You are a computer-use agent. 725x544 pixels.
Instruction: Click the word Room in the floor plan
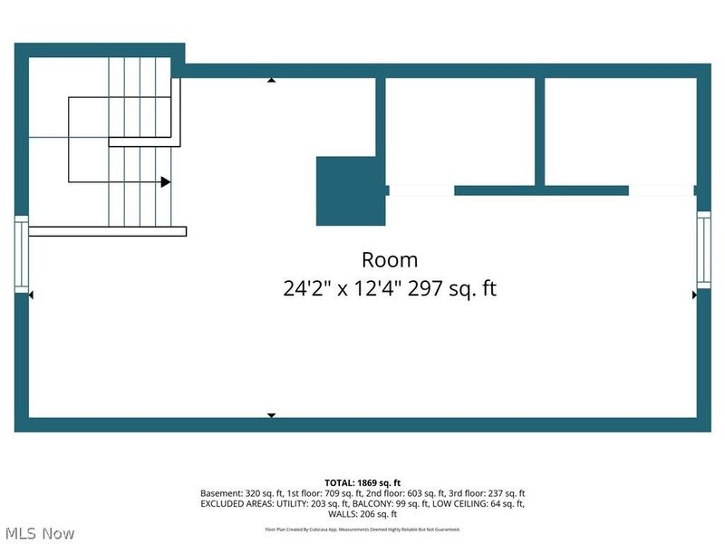[390, 260]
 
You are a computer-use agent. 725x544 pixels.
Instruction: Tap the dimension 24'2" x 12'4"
[343, 289]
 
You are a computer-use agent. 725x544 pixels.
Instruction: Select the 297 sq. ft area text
[452, 289]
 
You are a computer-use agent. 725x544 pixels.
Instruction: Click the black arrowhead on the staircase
[165, 182]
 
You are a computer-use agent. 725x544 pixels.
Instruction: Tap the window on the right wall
[703, 249]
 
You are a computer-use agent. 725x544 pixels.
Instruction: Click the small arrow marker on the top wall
[271, 81]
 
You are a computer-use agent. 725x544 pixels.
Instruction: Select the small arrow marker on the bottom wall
[271, 414]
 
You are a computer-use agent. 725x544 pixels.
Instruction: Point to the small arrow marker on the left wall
[32, 295]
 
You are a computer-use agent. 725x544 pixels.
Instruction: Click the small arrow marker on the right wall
[694, 295]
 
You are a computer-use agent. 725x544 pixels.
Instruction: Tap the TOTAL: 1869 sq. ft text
[362, 482]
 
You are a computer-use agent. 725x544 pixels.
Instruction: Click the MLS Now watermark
[39, 533]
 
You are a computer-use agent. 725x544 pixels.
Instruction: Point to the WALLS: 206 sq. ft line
[362, 513]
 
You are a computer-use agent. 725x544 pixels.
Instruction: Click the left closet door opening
[420, 190]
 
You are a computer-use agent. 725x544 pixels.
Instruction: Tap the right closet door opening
[662, 190]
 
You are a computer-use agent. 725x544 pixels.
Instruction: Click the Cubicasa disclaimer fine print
[362, 529]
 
